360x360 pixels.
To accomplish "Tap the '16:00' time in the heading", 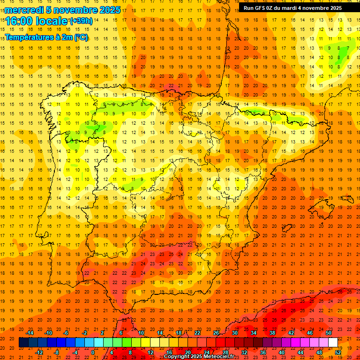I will (19, 21).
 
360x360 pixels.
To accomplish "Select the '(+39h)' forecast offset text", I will (81, 21).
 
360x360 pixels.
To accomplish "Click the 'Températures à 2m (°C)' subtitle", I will (46, 37).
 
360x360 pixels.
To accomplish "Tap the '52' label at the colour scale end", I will (338, 352).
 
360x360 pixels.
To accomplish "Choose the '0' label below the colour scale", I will (93, 352).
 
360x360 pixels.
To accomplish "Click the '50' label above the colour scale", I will (329, 333).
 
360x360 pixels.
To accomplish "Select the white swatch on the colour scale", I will (333, 343).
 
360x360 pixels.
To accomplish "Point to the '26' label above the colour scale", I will (216, 333).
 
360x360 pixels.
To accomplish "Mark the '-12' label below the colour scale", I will (39, 352).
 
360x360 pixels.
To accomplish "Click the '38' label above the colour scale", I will (272, 333).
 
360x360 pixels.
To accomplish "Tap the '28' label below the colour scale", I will (225, 352).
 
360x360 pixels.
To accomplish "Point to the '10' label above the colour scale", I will (141, 333).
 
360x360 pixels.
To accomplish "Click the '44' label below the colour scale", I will (300, 352).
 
